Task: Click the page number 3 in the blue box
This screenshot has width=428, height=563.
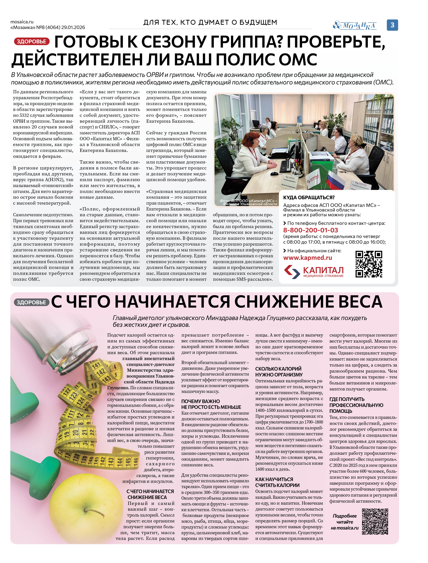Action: point(392,25)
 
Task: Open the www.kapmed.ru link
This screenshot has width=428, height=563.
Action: point(307,258)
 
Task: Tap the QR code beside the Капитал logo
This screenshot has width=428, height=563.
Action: point(369,264)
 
